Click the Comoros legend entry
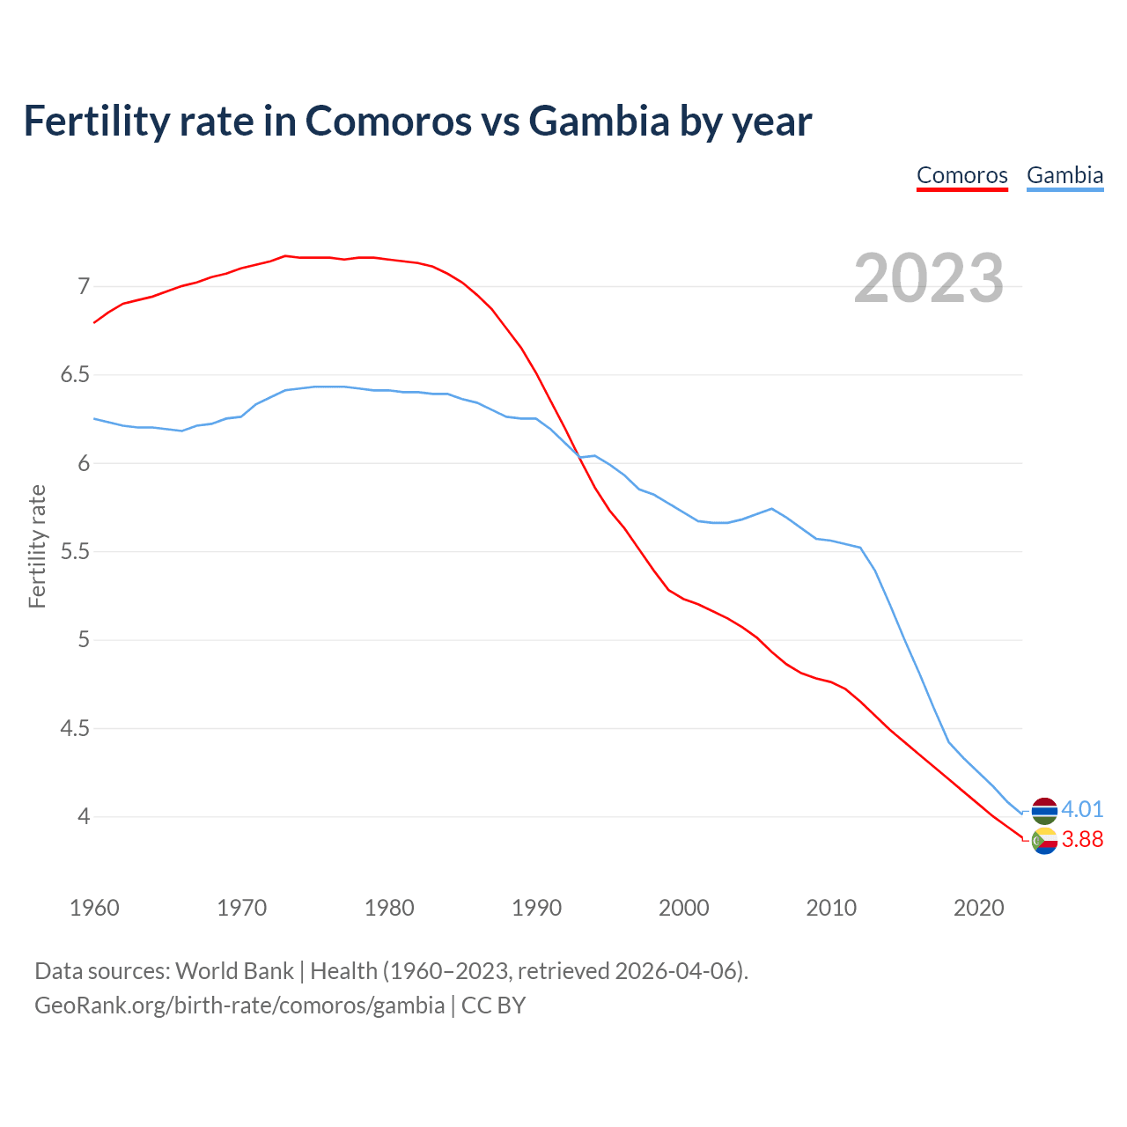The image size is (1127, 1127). [x=961, y=175]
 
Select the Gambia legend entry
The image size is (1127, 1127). [x=1064, y=175]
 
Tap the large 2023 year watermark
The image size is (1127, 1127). [x=929, y=278]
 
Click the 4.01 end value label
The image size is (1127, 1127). [x=1082, y=809]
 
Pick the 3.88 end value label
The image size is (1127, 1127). [x=1082, y=840]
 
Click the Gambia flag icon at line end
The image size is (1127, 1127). [x=1044, y=810]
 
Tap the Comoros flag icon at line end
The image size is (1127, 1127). [x=1044, y=841]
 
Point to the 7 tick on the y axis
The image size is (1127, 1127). [x=84, y=286]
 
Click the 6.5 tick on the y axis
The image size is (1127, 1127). [x=75, y=375]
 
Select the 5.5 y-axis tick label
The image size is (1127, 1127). [x=75, y=552]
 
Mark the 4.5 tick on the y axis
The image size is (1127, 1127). [x=75, y=729]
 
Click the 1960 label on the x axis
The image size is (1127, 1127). [x=94, y=908]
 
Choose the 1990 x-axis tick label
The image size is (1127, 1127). [x=536, y=908]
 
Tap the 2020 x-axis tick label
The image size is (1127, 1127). [x=978, y=908]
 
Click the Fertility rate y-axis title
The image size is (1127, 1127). [x=37, y=546]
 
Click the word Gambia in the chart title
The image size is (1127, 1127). [x=599, y=121]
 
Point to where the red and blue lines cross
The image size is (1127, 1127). [x=578, y=456]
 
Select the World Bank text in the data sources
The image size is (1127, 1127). [x=234, y=971]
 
